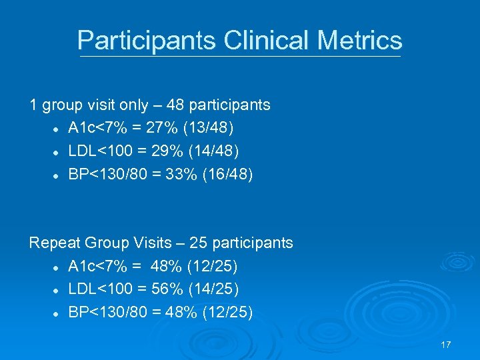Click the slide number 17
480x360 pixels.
pos(446,344)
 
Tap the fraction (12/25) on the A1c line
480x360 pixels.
pos(213,267)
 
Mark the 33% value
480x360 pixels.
pos(176,174)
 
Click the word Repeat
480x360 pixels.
pos(53,243)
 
